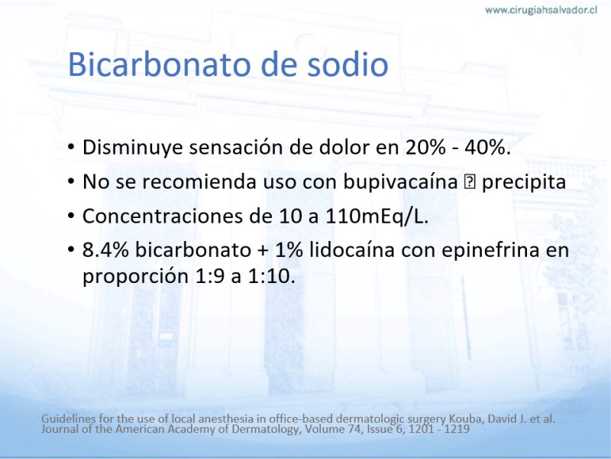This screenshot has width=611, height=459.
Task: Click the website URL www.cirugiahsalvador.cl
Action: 541,10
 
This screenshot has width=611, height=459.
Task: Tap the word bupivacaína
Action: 400,182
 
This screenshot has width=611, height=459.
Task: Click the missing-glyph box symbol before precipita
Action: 468,182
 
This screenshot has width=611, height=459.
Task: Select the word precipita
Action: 524,182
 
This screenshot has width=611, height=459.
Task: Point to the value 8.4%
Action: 105,250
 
